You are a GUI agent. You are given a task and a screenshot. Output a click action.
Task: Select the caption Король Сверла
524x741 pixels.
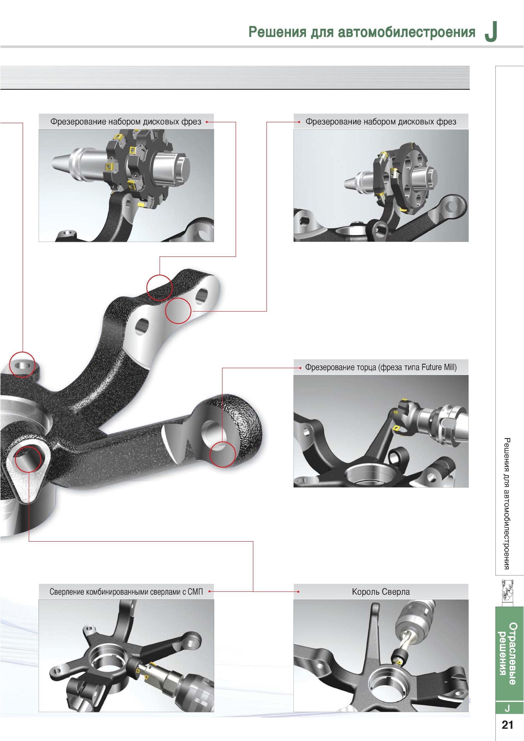(x=381, y=592)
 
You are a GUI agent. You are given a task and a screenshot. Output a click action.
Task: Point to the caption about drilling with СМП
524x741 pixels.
(x=126, y=592)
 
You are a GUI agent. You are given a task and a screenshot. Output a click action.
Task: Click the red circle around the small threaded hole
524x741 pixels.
(x=22, y=364)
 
